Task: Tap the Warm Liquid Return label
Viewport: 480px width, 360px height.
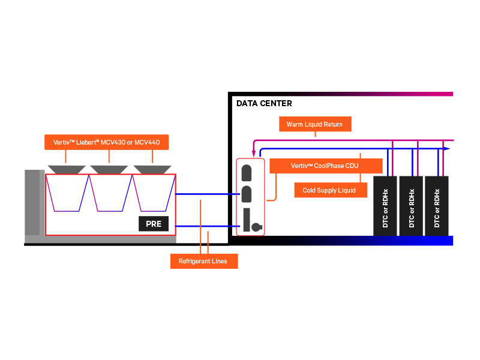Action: pos(314,124)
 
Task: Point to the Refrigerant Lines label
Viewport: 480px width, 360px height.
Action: pos(203,261)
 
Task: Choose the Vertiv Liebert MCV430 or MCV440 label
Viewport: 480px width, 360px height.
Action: pos(107,142)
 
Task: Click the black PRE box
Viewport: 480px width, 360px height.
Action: pos(154,224)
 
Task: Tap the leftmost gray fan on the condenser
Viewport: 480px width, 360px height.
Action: pos(65,169)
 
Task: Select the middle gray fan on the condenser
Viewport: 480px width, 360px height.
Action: pos(109,169)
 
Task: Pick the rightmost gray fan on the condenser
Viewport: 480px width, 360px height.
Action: pos(152,169)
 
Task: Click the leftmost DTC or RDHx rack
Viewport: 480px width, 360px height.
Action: pos(385,206)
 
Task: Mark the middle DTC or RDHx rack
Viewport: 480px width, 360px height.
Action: pos(411,206)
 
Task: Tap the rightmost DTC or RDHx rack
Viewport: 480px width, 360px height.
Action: pos(437,206)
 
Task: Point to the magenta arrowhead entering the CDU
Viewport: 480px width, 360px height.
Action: pos(254,154)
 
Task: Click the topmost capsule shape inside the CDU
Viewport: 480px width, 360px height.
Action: pos(245,173)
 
